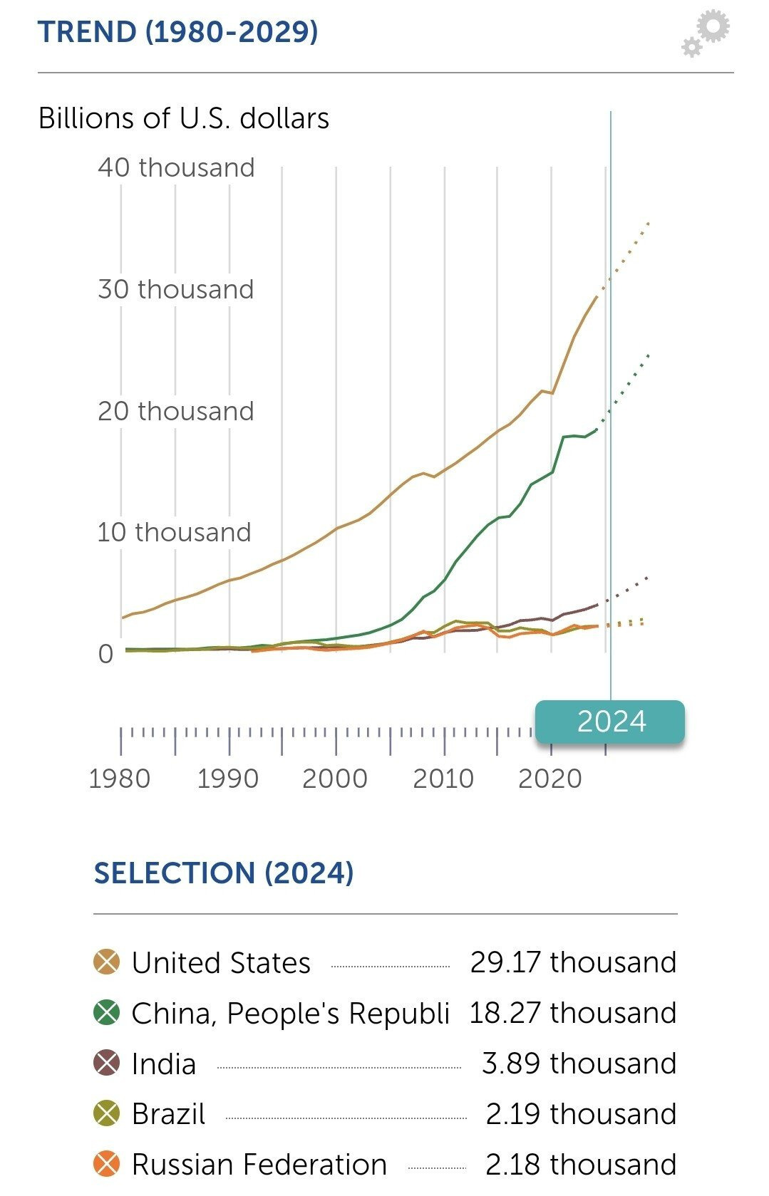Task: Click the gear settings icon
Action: pos(706,32)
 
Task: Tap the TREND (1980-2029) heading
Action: pos(177,32)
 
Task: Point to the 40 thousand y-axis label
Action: pos(176,167)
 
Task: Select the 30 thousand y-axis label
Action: pos(176,289)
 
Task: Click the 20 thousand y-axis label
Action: pos(176,411)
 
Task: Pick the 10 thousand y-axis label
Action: pos(175,532)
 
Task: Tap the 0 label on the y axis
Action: pos(105,654)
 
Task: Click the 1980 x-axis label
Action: pos(120,779)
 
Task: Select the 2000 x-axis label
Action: pos(335,779)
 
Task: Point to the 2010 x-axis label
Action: pos(443,779)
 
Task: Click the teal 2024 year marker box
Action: pos(610,721)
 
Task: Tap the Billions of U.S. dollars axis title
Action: pos(184,118)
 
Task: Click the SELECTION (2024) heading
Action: pos(224,873)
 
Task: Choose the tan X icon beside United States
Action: pos(107,962)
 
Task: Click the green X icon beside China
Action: pos(107,1013)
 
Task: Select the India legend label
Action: pos(164,1064)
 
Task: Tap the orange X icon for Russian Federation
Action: pos(107,1165)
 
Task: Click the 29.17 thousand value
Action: pos(573,962)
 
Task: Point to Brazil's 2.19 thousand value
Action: pos(581,1114)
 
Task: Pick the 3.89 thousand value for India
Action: pos(579,1064)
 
